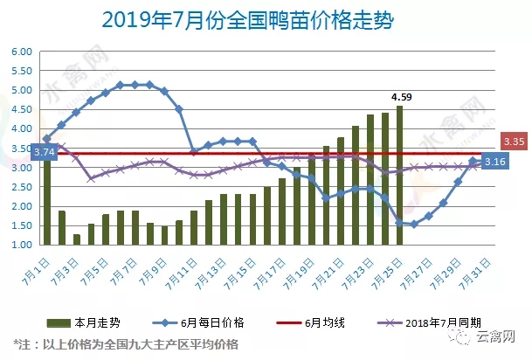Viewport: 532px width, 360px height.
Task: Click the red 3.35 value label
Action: (x=513, y=142)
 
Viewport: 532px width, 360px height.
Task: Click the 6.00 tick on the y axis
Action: (x=20, y=52)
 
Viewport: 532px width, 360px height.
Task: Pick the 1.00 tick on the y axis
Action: (x=20, y=246)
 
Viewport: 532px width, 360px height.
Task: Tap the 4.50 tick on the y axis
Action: (x=20, y=109)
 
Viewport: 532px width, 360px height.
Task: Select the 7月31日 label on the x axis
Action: (x=477, y=268)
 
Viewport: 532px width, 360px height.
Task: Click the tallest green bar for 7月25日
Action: (x=399, y=175)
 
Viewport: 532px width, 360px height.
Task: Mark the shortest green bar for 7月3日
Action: (x=77, y=239)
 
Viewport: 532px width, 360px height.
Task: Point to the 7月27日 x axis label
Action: (x=418, y=268)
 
